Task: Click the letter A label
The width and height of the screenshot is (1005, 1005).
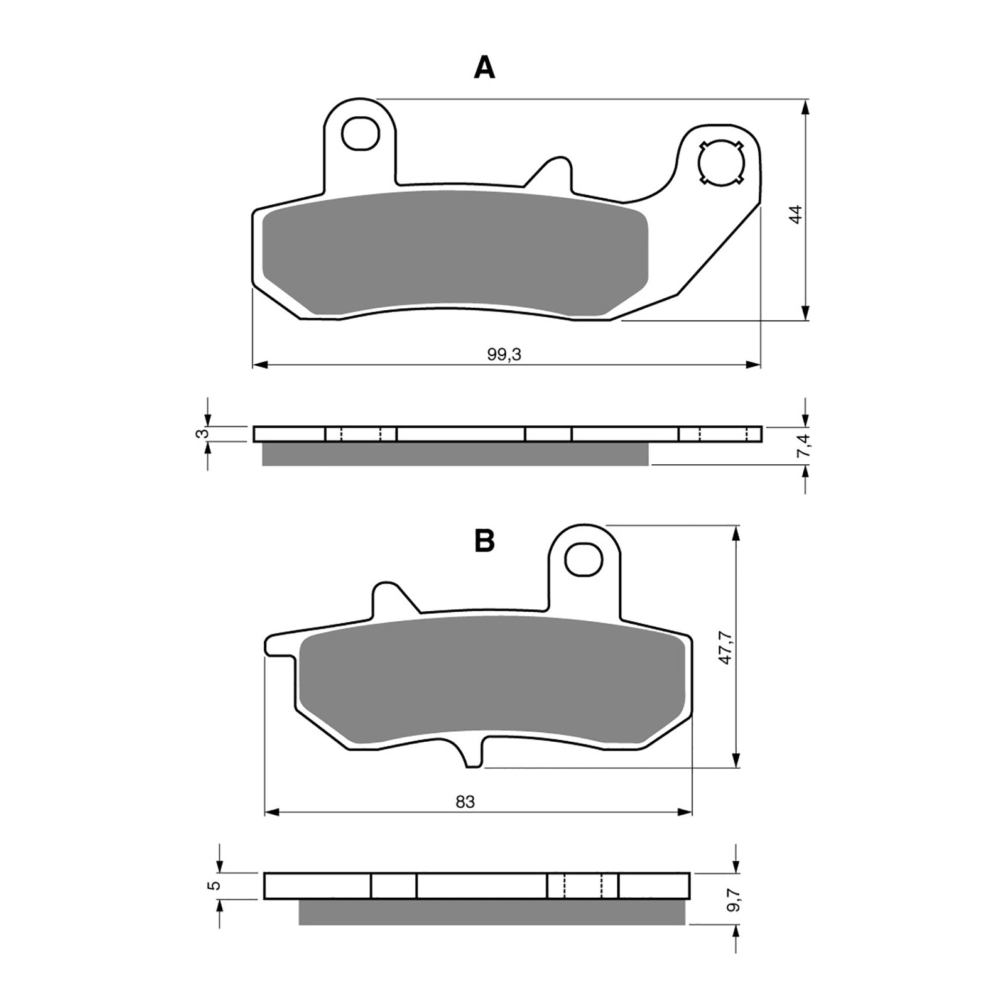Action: point(484,68)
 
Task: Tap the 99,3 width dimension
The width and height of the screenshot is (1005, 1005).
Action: point(504,356)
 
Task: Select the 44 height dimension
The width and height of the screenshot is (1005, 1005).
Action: point(796,214)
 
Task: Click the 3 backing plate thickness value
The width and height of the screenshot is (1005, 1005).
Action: point(200,434)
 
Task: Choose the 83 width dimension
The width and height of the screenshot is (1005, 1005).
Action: point(465,802)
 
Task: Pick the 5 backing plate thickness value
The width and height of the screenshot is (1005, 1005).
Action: point(215,886)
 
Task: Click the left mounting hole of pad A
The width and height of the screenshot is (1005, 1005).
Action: point(361,133)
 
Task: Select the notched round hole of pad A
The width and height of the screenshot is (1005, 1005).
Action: point(721,162)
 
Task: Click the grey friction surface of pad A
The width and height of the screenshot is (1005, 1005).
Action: point(452,251)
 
